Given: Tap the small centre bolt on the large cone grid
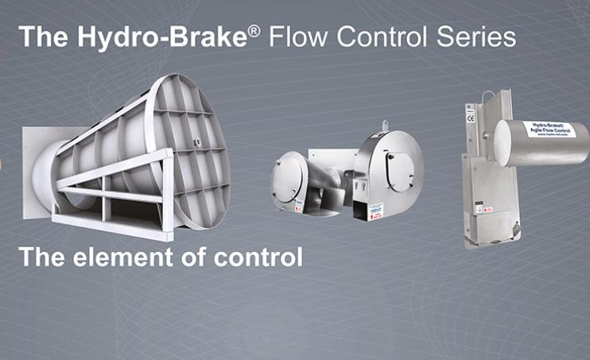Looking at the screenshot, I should (x=196, y=144).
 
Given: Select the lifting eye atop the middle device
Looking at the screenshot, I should (x=386, y=126).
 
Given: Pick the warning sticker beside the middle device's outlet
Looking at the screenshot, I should (x=375, y=211).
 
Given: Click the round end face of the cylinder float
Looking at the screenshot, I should (x=503, y=144).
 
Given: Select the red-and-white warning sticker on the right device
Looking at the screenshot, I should (x=484, y=209).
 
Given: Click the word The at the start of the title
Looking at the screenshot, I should (x=41, y=37).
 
